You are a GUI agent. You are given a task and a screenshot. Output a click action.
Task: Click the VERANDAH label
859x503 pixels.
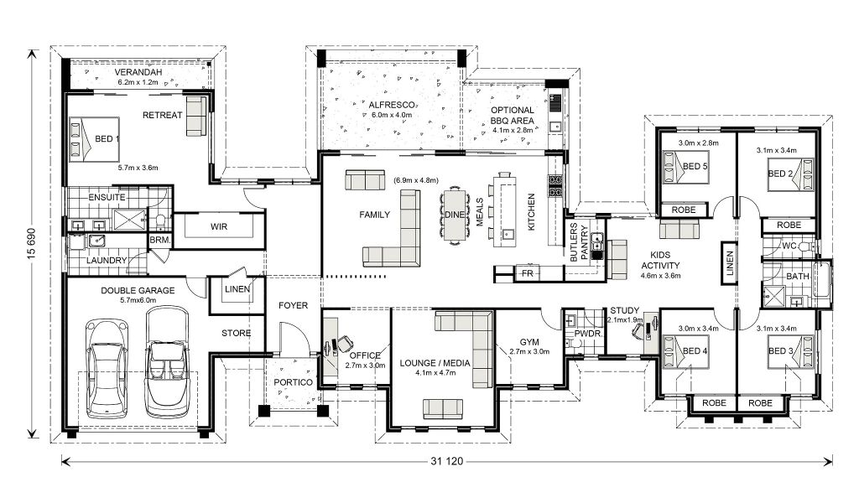[x=138, y=72]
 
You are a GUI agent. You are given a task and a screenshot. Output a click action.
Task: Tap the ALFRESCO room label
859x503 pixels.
[x=392, y=105]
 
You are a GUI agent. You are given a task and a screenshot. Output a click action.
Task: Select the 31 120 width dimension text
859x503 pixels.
[x=446, y=461]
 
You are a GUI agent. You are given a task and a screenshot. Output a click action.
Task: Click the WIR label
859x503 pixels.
[x=219, y=226]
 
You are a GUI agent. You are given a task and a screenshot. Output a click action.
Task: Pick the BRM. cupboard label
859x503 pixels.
[x=160, y=240]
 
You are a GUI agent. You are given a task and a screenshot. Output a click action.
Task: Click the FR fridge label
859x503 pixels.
[x=527, y=273]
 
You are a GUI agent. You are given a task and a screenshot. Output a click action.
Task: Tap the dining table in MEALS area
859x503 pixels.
[x=454, y=215]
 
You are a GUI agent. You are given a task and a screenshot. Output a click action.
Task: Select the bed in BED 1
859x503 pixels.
[x=94, y=138]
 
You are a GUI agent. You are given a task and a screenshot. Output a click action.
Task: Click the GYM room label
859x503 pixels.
[x=529, y=342]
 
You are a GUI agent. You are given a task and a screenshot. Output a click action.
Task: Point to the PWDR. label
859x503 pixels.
[x=588, y=334]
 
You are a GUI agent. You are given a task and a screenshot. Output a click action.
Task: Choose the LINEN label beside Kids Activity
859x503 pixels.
[x=729, y=263]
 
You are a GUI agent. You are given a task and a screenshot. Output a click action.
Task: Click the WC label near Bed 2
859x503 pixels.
[x=789, y=246]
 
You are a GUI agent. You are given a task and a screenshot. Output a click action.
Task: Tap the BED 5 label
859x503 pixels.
[x=695, y=166]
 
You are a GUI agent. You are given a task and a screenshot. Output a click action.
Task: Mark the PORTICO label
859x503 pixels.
[x=293, y=382]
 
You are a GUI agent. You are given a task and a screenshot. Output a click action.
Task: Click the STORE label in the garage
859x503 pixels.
[x=236, y=333]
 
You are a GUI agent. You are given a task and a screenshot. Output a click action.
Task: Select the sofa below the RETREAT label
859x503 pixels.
[x=195, y=116]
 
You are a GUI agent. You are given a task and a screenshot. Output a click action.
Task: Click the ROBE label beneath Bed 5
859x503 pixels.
[x=683, y=210]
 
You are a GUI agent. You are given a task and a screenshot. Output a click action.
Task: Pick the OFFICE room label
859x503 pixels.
[x=365, y=355]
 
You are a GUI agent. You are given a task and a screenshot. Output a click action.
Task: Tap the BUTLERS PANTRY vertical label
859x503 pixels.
[x=579, y=242]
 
